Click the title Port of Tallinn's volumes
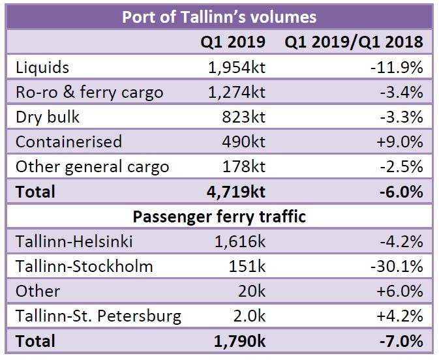[x=219, y=16]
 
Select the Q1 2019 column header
[x=233, y=42]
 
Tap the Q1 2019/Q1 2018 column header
[x=354, y=42]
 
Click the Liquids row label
[x=42, y=67]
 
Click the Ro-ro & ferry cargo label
[x=89, y=92]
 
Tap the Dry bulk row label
[x=46, y=117]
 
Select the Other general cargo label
[x=92, y=166]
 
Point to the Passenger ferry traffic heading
[x=219, y=216]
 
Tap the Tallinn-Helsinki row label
[x=74, y=241]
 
